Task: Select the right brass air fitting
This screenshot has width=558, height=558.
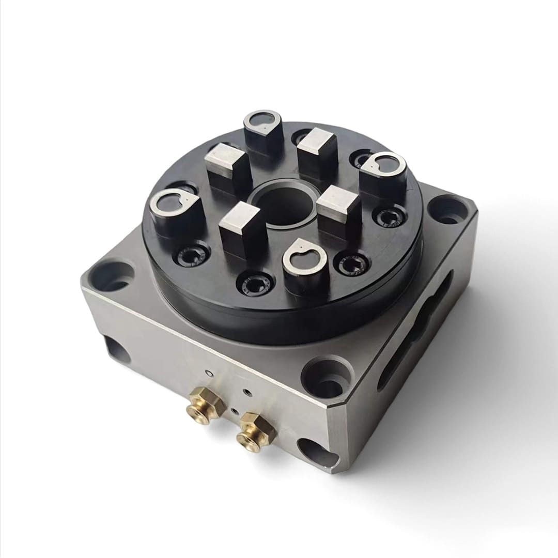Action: tap(255, 431)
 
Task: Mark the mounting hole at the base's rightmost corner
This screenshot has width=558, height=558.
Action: tap(448, 210)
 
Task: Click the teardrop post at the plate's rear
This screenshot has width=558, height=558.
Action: tap(263, 126)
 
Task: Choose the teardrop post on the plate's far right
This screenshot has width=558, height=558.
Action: tap(382, 171)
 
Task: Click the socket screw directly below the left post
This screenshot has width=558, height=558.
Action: tap(193, 254)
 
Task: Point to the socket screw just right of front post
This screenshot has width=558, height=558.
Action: tap(352, 263)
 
